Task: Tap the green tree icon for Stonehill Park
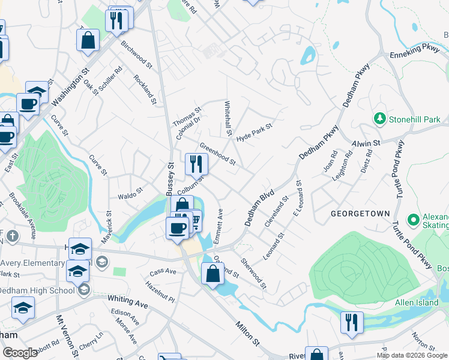pos(379,119)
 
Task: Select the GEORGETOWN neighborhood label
pos(360,214)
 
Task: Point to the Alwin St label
pos(366,144)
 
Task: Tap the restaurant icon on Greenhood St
pos(196,163)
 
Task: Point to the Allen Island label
pos(417,302)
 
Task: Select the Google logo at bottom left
pos(20,353)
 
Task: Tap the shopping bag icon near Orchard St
pos(213,274)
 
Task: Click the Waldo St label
pos(130,195)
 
